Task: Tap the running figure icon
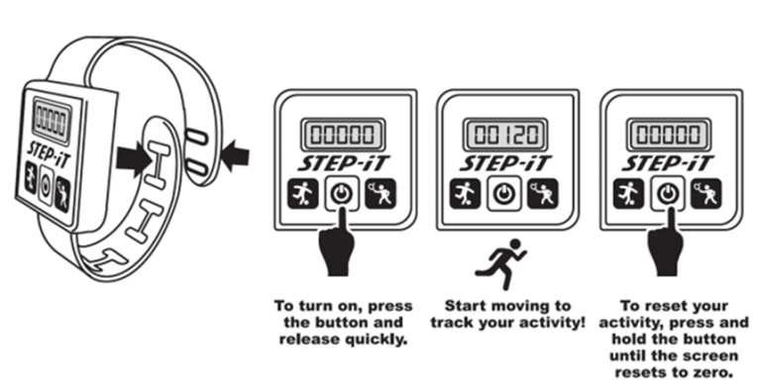click(500, 263)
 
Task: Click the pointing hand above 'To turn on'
click(338, 244)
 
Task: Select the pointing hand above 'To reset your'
click(666, 244)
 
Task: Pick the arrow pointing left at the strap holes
click(235, 155)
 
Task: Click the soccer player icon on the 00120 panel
click(465, 194)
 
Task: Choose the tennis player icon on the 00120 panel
click(543, 194)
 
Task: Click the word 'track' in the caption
click(453, 323)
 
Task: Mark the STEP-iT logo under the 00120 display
click(505, 163)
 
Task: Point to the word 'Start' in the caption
click(466, 307)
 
